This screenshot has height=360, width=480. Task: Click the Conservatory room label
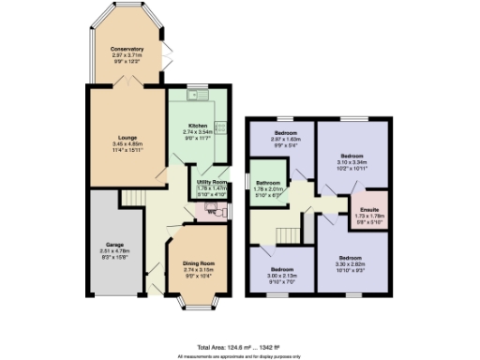tap(127, 49)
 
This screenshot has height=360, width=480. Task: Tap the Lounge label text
tap(127, 138)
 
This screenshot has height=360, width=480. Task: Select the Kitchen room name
tap(198, 126)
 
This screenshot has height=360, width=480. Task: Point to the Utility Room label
tap(211, 182)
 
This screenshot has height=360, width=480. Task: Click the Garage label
tap(113, 245)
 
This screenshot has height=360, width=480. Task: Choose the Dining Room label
tap(198, 264)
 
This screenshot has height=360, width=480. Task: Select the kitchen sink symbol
tap(198, 95)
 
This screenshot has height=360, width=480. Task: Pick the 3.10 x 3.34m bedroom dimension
tap(352, 161)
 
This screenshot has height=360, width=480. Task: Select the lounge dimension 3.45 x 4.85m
tap(127, 144)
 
